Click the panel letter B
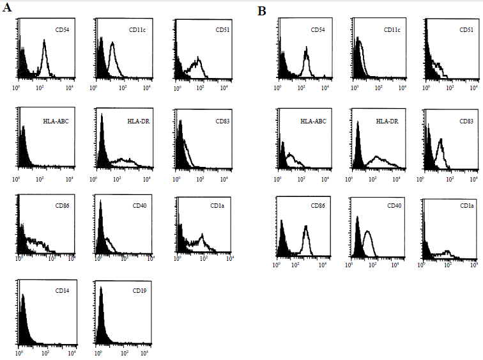(x=261, y=11)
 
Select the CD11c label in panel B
(x=392, y=30)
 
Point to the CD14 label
(x=62, y=291)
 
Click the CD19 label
(x=139, y=291)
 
